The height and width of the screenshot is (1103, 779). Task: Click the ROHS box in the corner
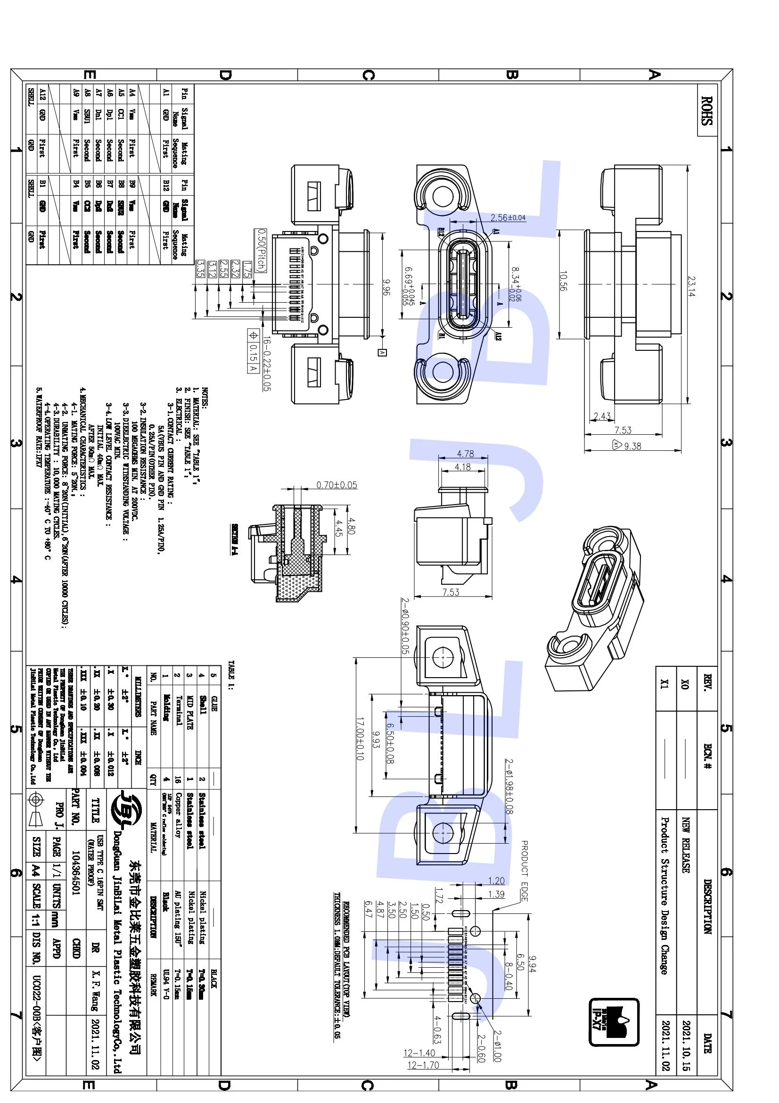click(x=706, y=110)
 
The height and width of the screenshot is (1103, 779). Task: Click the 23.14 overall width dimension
click(x=691, y=286)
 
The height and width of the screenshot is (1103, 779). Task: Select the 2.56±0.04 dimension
click(x=508, y=217)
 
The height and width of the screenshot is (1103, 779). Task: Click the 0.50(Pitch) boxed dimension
click(x=260, y=250)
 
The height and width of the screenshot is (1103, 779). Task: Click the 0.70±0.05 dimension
click(x=336, y=485)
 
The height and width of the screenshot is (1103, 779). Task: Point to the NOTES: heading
click(x=205, y=398)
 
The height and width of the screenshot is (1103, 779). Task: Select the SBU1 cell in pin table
click(x=87, y=117)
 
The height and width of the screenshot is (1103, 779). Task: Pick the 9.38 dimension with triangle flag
click(x=628, y=446)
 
